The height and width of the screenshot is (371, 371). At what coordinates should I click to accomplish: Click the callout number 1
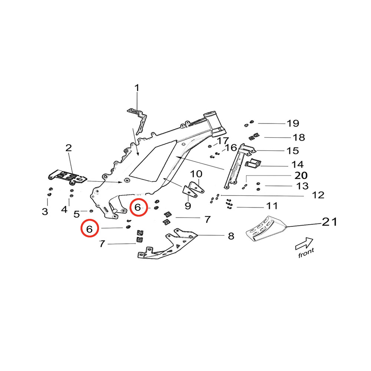point(137,88)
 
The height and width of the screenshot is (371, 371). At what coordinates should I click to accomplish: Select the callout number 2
point(69,148)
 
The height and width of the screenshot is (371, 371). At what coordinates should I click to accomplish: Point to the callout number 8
point(231,236)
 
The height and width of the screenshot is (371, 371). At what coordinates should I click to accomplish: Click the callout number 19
point(293,123)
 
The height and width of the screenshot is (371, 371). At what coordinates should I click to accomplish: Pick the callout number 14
point(298,164)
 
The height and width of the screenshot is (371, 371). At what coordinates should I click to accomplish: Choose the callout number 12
point(318,195)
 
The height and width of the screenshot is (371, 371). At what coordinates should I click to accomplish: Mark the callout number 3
point(45,211)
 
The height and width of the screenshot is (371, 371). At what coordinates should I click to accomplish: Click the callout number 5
point(77,214)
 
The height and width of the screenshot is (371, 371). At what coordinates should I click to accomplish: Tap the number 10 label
point(196,174)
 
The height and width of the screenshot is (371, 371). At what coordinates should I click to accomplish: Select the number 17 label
point(223,141)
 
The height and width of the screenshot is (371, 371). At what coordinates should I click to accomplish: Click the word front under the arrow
point(306,253)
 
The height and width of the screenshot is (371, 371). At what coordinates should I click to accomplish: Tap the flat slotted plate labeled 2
point(69,177)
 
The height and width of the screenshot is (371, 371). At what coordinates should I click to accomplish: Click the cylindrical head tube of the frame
point(215,122)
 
